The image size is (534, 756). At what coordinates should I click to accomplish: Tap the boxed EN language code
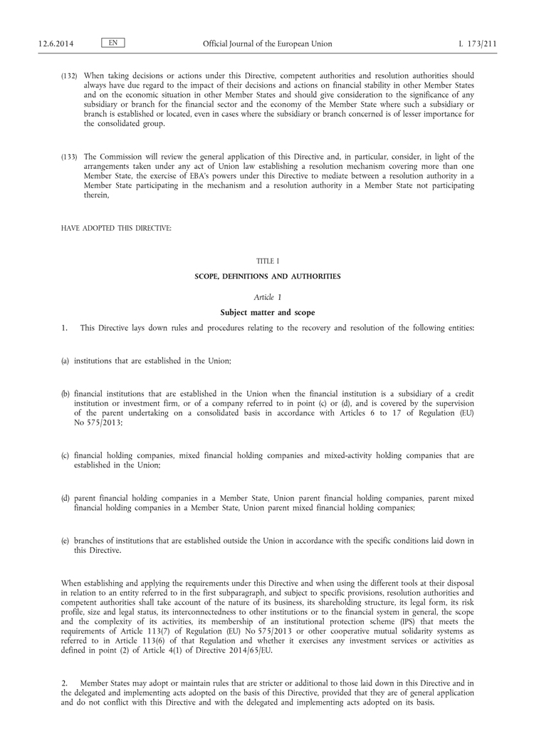(x=113, y=43)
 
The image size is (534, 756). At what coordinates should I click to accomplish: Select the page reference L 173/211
(x=477, y=44)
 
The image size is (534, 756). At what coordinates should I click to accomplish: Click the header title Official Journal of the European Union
(x=267, y=44)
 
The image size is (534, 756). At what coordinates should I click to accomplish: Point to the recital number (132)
(x=69, y=75)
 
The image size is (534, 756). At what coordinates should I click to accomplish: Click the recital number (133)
(x=69, y=156)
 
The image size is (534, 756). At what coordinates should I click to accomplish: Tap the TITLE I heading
(x=267, y=262)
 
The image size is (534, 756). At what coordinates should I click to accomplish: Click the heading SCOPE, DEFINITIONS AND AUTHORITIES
(x=267, y=276)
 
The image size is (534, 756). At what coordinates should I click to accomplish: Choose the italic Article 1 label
(x=267, y=296)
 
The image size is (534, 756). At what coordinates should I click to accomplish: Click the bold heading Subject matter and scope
(x=267, y=312)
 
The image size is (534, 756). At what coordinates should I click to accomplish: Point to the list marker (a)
(x=66, y=361)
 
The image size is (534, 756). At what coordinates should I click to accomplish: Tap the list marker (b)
(x=66, y=394)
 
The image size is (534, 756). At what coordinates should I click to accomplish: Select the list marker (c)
(x=66, y=455)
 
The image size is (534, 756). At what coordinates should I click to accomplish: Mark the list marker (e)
(x=66, y=541)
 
